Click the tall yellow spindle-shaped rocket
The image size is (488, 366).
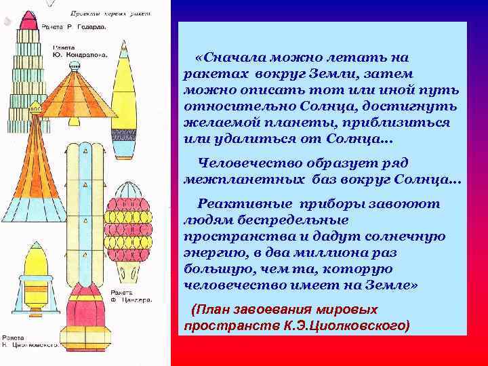(124, 102)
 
